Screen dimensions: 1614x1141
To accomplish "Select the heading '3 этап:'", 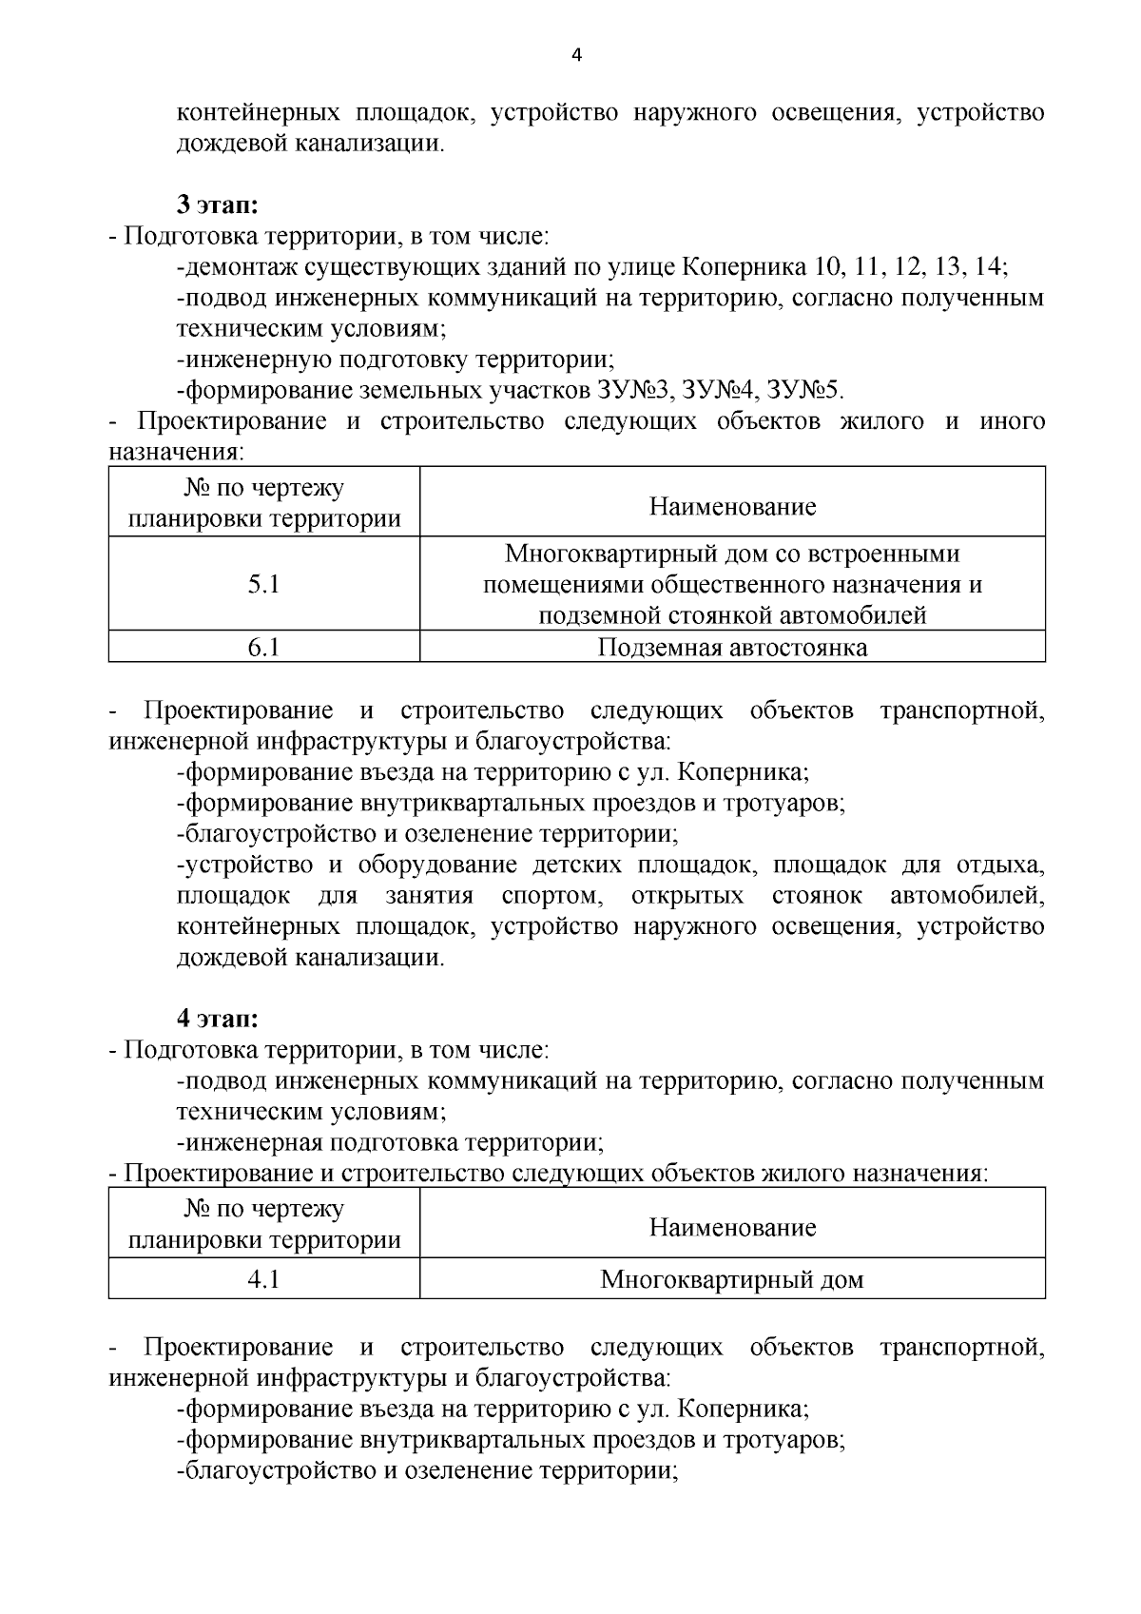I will point(218,205).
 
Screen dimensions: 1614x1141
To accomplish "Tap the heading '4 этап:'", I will point(218,1019).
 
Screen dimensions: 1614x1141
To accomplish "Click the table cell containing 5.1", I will point(263,584).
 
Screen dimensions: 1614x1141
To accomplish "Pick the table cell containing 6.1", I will point(263,648).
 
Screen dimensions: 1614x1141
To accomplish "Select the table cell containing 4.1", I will point(263,1279).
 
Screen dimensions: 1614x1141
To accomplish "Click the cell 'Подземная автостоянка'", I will point(732,648).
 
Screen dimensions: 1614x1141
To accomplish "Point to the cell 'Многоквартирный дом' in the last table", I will point(732,1279).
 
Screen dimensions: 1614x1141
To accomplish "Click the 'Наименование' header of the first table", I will point(732,506).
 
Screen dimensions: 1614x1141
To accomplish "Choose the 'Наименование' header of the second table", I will point(732,1227).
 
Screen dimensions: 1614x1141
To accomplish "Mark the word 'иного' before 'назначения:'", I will point(1012,421).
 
